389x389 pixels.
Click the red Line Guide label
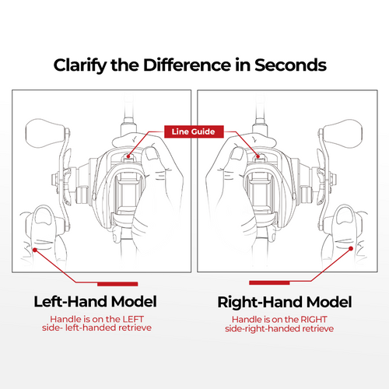pyautogui.click(x=194, y=131)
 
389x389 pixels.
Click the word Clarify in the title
pyautogui.click(x=80, y=65)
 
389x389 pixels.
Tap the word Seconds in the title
pyautogui.click(x=290, y=65)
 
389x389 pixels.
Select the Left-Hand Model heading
pyautogui.click(x=95, y=302)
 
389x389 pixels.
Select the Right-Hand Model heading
pyautogui.click(x=285, y=302)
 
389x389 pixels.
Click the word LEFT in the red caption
pyautogui.click(x=133, y=319)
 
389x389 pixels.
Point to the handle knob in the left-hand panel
pyautogui.click(x=45, y=133)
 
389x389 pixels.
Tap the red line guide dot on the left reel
pyautogui.click(x=128, y=156)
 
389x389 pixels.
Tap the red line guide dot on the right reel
pyautogui.click(x=258, y=156)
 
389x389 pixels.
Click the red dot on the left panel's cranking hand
pyautogui.click(x=35, y=250)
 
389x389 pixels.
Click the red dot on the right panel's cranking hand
pyautogui.click(x=351, y=248)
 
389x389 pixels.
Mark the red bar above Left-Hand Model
pyautogui.click(x=117, y=284)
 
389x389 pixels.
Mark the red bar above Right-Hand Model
pyautogui.click(x=269, y=282)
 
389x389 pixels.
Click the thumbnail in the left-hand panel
pyautogui.click(x=152, y=154)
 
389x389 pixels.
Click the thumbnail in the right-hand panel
pyautogui.click(x=237, y=153)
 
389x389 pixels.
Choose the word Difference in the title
pyautogui.click(x=187, y=65)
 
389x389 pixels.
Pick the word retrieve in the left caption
pyautogui.click(x=135, y=328)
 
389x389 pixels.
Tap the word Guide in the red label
pyautogui.click(x=203, y=131)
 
